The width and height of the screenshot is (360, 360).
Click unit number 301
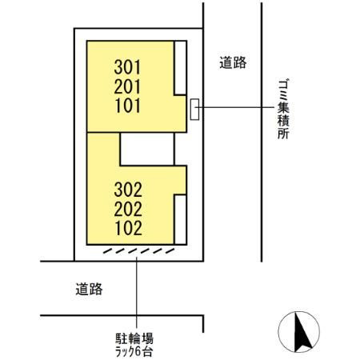click(127, 67)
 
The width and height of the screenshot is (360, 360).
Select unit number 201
click(127, 86)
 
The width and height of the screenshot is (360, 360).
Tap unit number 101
click(128, 106)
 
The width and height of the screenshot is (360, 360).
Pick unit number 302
click(128, 190)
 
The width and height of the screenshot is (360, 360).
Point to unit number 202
click(128, 209)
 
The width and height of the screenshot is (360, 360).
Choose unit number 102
click(129, 228)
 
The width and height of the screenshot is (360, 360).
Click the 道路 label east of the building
click(233, 63)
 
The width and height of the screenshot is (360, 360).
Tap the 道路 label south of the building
click(89, 289)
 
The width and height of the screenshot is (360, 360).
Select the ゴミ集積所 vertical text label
click(283, 110)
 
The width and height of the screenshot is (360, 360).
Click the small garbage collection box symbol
click(194, 110)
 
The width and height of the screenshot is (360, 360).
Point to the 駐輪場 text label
click(134, 339)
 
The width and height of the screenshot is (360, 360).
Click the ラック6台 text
click(134, 352)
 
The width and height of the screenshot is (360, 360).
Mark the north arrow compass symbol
click(298, 332)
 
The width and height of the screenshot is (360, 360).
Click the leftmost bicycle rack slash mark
click(108, 251)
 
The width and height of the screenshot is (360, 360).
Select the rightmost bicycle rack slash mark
click(170, 251)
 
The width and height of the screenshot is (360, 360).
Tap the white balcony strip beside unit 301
click(180, 68)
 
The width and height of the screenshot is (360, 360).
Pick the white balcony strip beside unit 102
click(180, 219)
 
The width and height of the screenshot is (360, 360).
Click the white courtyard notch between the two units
click(147, 149)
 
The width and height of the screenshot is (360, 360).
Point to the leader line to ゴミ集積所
click(234, 107)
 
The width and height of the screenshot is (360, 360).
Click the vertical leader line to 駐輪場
click(137, 292)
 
